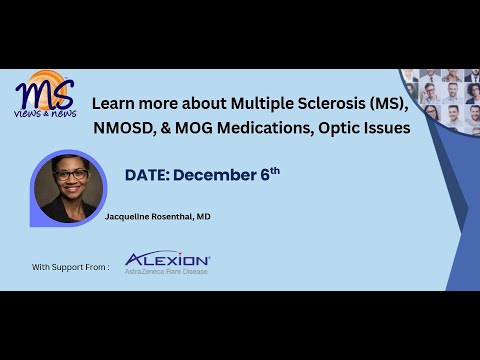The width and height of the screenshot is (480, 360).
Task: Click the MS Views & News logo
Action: [x=46, y=94]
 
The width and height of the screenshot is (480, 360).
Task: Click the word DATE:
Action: [x=147, y=175]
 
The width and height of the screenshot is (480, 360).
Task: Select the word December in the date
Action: [x=215, y=175]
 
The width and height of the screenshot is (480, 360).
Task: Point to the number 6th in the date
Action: [x=270, y=174]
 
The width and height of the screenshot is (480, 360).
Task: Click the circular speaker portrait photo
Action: [x=68, y=188]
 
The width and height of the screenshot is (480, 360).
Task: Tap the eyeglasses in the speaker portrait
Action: [x=71, y=175]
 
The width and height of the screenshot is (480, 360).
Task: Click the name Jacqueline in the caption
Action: [x=127, y=217]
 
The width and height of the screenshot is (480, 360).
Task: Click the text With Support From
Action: [x=71, y=267]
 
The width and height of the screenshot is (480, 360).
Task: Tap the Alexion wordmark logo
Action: [x=167, y=258]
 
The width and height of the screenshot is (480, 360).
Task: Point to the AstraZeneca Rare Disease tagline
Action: [x=166, y=272]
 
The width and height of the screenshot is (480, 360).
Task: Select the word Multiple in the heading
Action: [x=262, y=104]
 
